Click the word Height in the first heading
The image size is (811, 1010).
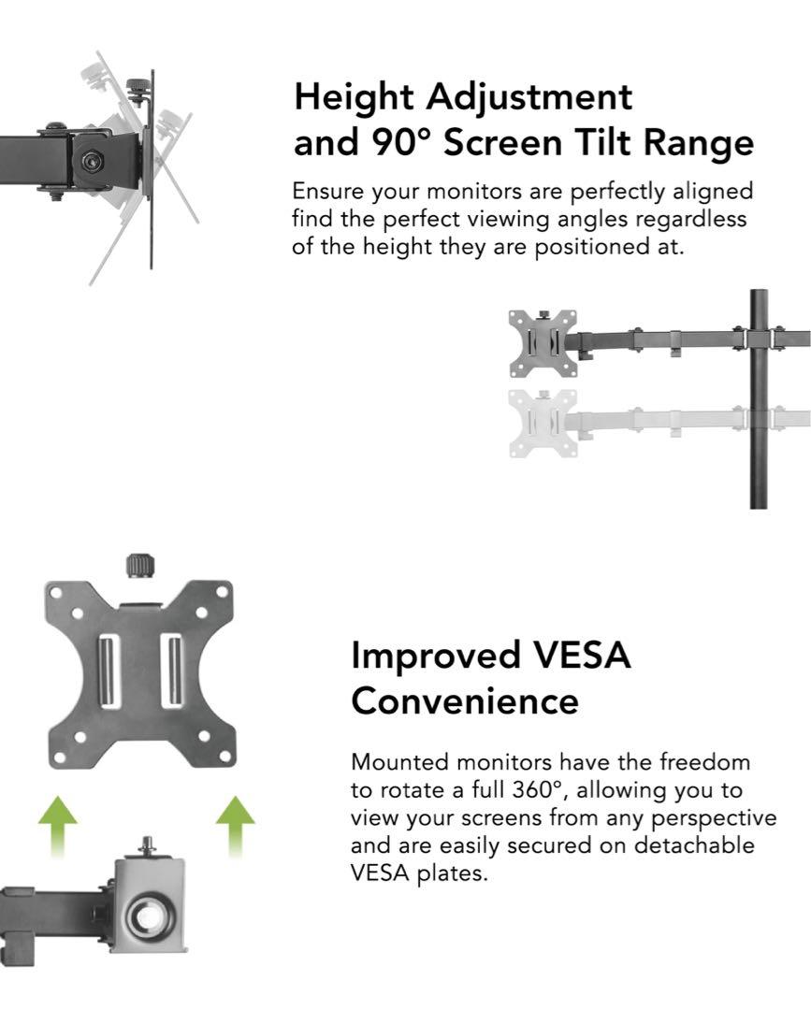(x=353, y=98)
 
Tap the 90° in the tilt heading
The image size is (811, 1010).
(x=397, y=143)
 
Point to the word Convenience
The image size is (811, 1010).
(x=464, y=701)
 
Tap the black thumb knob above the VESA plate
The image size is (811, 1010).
(x=138, y=566)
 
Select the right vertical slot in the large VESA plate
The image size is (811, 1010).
(x=170, y=671)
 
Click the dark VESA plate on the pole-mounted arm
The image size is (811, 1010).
(x=543, y=343)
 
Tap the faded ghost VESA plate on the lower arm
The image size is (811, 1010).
(x=543, y=424)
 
